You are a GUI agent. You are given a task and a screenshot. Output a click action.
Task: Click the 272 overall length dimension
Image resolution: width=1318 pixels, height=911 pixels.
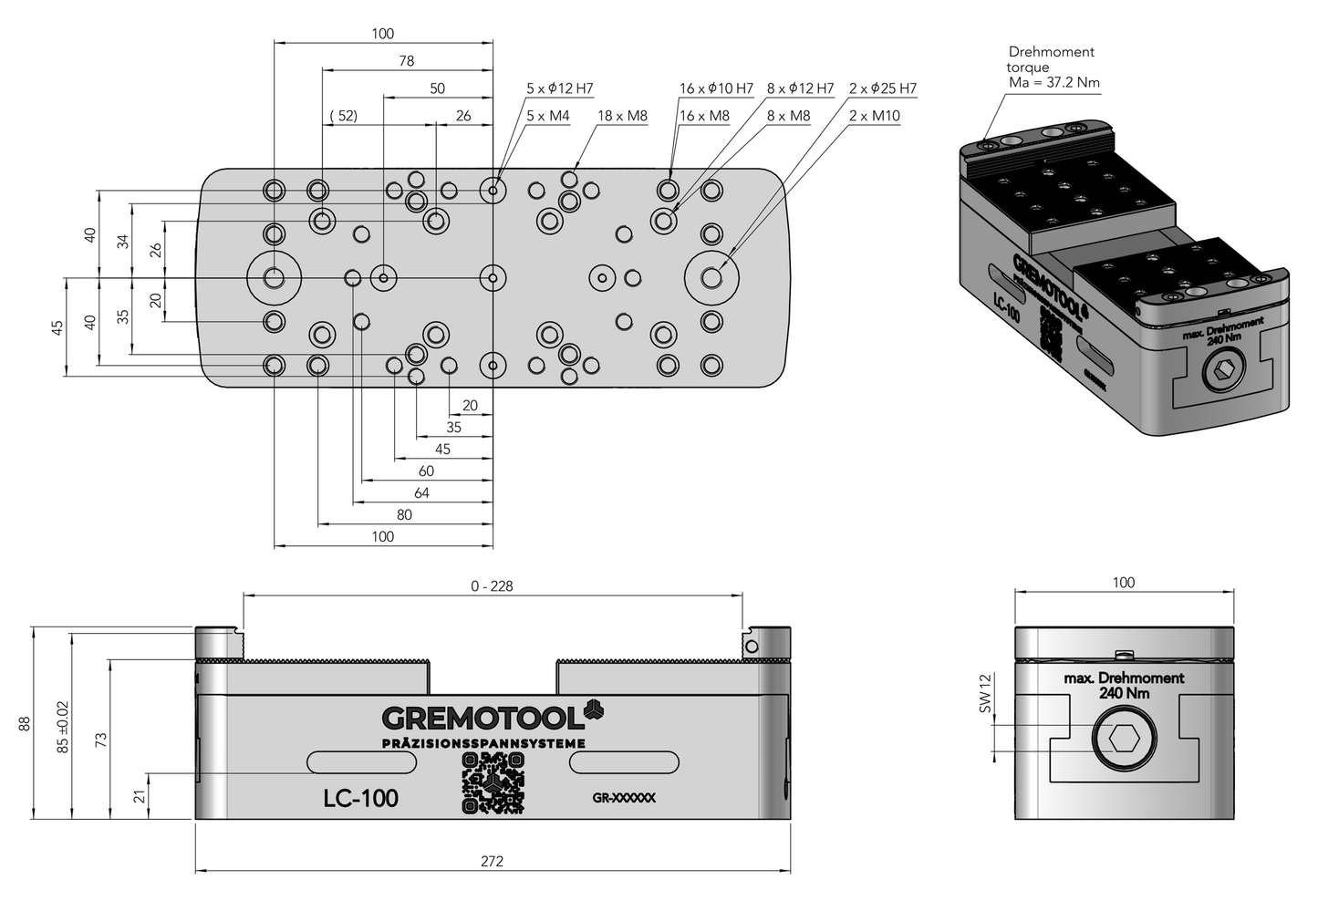[492, 861]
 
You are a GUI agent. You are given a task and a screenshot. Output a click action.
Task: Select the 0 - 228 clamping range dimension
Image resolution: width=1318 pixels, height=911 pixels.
[492, 586]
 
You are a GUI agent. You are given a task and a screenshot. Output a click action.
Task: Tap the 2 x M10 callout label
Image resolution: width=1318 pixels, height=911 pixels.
[874, 116]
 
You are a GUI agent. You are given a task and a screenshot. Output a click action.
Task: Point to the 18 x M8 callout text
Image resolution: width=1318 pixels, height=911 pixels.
[622, 116]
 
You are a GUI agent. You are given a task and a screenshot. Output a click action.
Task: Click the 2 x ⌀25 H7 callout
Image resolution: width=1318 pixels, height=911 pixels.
[882, 88]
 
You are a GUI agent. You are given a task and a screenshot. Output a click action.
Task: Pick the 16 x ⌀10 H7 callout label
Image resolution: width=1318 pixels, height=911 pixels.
[716, 88]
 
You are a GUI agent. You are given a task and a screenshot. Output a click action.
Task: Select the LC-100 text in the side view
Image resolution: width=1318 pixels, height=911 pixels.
[360, 798]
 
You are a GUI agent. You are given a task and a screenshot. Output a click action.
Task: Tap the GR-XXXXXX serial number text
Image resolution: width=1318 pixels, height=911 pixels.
[624, 798]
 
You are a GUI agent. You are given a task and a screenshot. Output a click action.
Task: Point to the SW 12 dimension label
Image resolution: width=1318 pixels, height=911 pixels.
[984, 694]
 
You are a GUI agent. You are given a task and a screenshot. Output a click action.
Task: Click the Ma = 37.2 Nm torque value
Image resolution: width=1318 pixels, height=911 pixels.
[1053, 83]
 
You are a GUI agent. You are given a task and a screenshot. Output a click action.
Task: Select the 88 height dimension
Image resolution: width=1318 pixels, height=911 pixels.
[25, 723]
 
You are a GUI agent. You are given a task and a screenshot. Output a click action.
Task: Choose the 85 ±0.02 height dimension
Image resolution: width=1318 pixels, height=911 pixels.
[62, 726]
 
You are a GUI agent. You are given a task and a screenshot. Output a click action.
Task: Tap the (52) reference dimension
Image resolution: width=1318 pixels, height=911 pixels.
[342, 116]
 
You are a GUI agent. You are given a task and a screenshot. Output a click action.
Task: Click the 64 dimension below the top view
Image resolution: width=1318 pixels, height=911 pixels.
[420, 493]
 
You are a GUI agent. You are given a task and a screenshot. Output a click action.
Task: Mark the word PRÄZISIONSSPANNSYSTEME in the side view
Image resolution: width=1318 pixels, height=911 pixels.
[483, 743]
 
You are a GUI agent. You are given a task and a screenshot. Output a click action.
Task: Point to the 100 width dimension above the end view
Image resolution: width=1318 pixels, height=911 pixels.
[1124, 583]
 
